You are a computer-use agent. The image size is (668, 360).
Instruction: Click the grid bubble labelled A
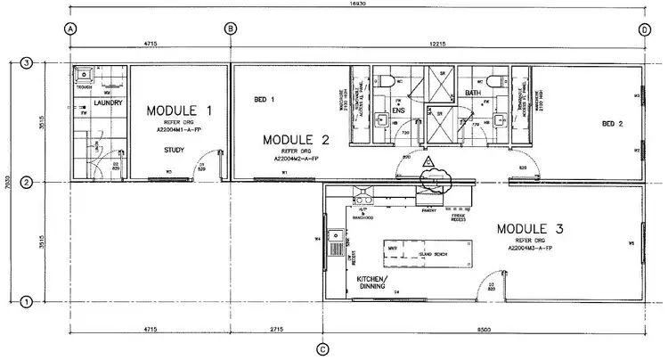point(68,29)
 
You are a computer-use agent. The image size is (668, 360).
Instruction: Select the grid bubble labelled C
point(322,348)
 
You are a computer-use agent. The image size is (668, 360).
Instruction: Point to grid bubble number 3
point(27,63)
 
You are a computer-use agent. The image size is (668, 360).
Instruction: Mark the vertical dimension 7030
point(6,183)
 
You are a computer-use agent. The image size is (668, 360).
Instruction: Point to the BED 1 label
point(264,99)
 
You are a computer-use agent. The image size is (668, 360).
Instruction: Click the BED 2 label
point(612,123)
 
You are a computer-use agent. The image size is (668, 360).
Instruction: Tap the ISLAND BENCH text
point(432,255)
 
